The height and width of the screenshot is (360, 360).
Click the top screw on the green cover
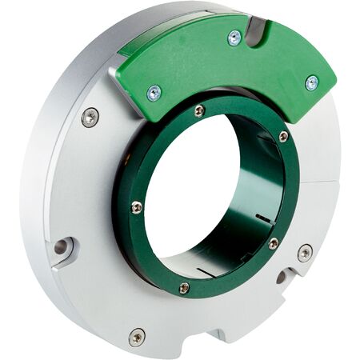(x=234, y=38)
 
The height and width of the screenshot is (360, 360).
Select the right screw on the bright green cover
(x=311, y=82)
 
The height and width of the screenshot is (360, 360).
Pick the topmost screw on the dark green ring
(x=199, y=110)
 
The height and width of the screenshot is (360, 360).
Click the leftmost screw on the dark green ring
(x=137, y=207)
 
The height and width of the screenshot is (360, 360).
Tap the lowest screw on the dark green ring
(x=184, y=287)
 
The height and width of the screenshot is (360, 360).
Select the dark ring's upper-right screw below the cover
(x=283, y=137)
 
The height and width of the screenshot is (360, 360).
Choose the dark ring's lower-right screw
(x=273, y=243)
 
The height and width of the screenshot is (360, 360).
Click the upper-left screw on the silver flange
(x=90, y=117)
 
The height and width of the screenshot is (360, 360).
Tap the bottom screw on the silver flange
(x=137, y=336)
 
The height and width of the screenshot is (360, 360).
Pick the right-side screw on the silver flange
(x=305, y=253)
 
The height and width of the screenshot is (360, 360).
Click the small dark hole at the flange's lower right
(x=282, y=278)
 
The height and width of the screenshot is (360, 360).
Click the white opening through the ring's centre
(x=192, y=192)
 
